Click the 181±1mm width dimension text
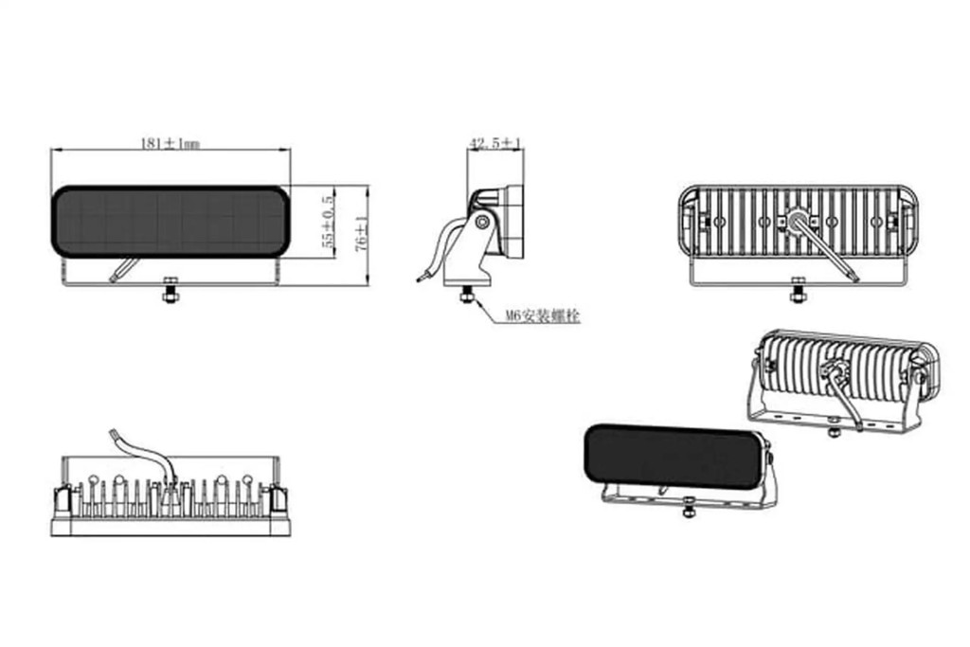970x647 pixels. [x=171, y=143]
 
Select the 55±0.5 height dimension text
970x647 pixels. [x=328, y=221]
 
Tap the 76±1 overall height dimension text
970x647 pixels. [x=363, y=233]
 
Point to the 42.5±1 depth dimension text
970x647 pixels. [x=494, y=143]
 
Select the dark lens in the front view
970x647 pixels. [x=171, y=221]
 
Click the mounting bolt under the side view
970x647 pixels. [x=467, y=295]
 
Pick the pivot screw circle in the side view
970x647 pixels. [x=482, y=222]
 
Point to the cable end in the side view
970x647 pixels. [x=422, y=279]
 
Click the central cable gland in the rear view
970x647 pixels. [x=797, y=219]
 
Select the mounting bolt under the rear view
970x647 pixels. [x=798, y=291]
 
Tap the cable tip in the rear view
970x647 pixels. [x=854, y=279]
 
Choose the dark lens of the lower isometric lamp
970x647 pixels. [x=675, y=456]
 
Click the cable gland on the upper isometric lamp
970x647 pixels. [x=833, y=370]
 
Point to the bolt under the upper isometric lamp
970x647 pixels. [x=834, y=428]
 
